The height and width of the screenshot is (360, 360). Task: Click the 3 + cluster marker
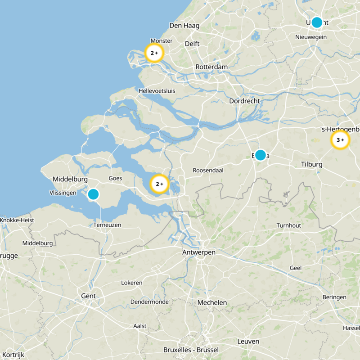(x=340, y=140)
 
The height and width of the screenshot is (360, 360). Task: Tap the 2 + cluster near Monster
(x=154, y=53)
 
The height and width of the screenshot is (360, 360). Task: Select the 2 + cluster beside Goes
(x=159, y=184)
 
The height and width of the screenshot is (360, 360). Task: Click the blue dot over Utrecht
(x=317, y=22)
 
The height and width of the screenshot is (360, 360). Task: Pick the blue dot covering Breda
(x=260, y=155)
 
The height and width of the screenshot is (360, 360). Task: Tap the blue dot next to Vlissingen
(x=93, y=194)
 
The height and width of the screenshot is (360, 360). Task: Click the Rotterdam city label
(x=211, y=67)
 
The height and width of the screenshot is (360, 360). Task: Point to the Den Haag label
(x=184, y=26)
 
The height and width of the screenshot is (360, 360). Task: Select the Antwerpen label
(x=199, y=252)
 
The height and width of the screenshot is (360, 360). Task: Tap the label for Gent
(x=88, y=296)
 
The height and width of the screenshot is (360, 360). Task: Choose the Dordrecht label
(x=244, y=101)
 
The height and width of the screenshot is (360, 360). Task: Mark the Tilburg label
(x=312, y=165)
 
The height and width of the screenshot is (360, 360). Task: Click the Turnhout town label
(x=288, y=225)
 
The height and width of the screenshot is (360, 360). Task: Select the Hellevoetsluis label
(x=157, y=91)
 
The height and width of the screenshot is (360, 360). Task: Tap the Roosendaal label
(x=208, y=171)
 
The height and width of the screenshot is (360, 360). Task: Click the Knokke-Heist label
(x=17, y=220)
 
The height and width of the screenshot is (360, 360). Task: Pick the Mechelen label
(x=212, y=303)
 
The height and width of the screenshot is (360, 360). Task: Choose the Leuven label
(x=248, y=342)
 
